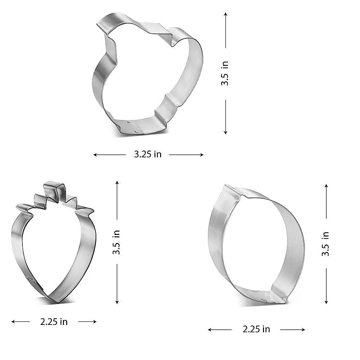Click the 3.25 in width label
tap(148, 154)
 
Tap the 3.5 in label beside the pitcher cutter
tap(225, 73)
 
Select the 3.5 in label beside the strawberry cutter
tap(116, 242)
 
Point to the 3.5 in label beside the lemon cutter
tap(326, 244)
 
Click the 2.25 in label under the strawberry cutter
tap(54, 322)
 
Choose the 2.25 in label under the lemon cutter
tap(256, 329)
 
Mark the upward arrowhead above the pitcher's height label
tap(226, 14)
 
